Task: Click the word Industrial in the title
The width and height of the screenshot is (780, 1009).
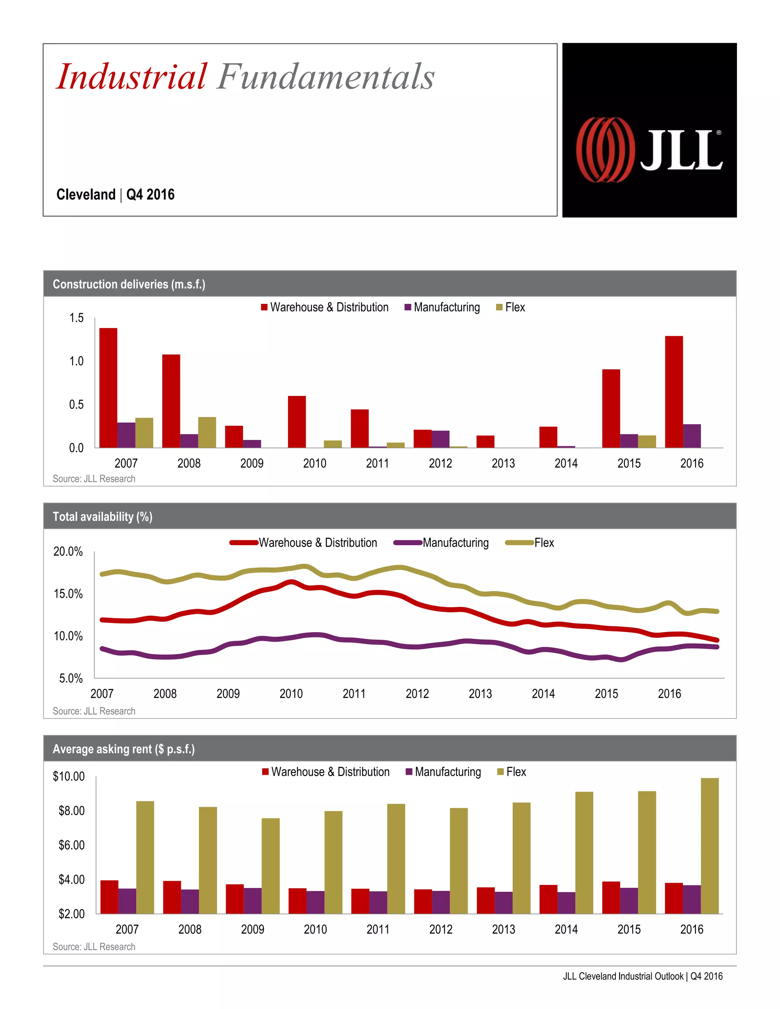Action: pyautogui.click(x=132, y=77)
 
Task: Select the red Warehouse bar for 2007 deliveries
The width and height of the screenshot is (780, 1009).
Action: pyautogui.click(x=108, y=388)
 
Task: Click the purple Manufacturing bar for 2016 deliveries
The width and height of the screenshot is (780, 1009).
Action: pyautogui.click(x=692, y=436)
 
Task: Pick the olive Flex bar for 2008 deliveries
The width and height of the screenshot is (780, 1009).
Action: pyautogui.click(x=207, y=432)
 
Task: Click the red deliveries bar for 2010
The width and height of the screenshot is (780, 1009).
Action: pyautogui.click(x=297, y=421)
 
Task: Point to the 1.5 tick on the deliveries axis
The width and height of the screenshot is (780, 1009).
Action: pyautogui.click(x=76, y=318)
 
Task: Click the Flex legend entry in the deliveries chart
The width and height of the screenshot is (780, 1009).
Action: pyautogui.click(x=511, y=307)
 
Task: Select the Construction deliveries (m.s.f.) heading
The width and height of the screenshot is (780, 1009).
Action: pyautogui.click(x=129, y=284)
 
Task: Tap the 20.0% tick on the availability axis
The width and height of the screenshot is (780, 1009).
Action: pyautogui.click(x=68, y=552)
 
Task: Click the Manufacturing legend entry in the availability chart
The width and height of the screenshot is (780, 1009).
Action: pyautogui.click(x=441, y=543)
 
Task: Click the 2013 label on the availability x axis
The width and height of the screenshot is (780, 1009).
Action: pyautogui.click(x=480, y=693)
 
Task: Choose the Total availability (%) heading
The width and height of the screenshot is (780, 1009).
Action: pyautogui.click(x=102, y=517)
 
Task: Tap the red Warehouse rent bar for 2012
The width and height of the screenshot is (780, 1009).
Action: pyautogui.click(x=423, y=901)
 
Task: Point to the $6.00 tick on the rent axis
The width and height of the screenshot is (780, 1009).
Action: pyautogui.click(x=71, y=845)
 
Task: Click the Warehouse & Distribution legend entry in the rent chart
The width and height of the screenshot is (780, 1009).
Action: pyautogui.click(x=326, y=772)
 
